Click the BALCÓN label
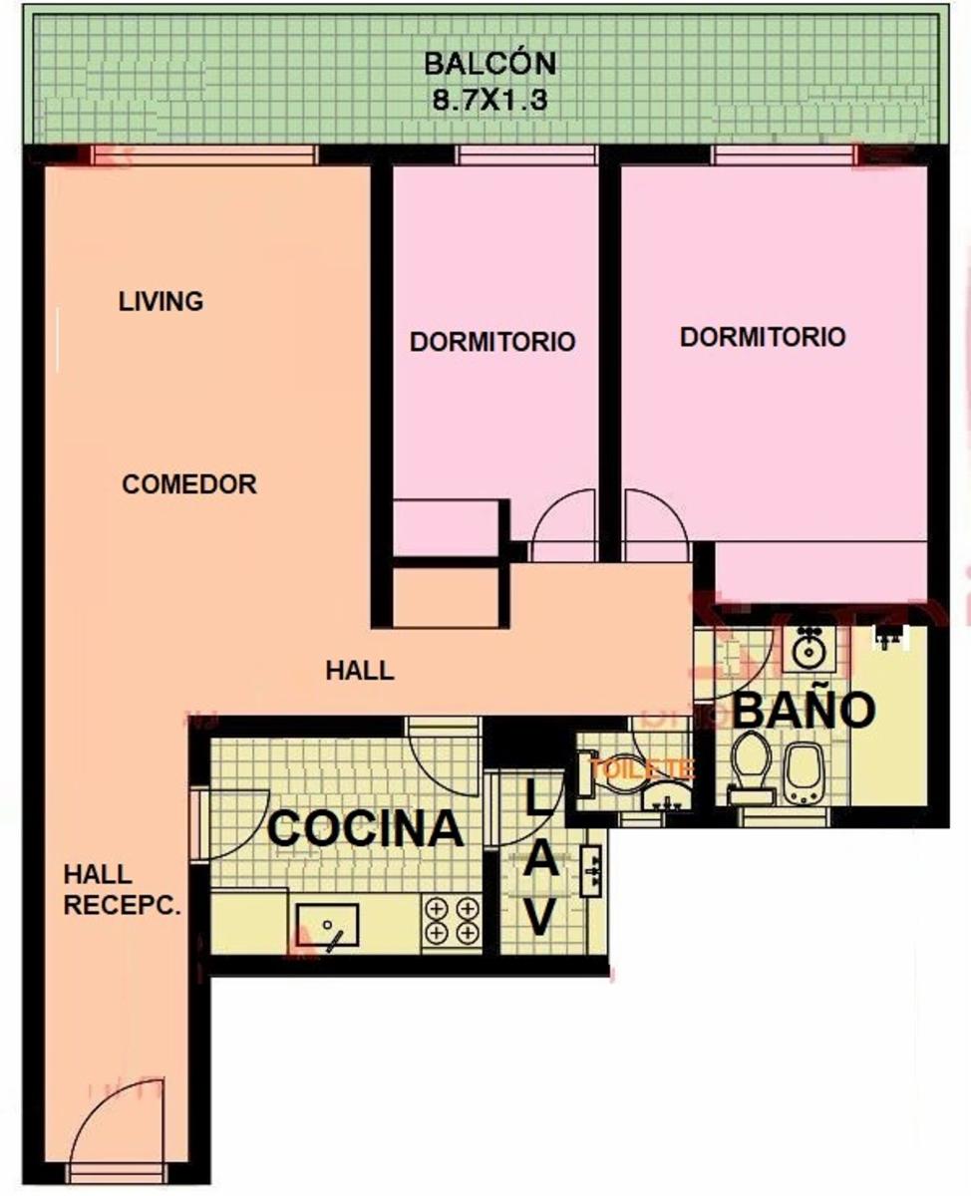[489, 64]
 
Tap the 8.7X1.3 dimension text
[489, 101]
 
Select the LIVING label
[161, 302]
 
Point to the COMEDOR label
[189, 484]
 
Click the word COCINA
[366, 829]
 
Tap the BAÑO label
[804, 710]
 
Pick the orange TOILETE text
[642, 768]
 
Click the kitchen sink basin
[327, 924]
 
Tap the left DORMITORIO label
[492, 342]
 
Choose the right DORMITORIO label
[763, 337]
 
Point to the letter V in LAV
[539, 916]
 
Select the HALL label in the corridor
[360, 671]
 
